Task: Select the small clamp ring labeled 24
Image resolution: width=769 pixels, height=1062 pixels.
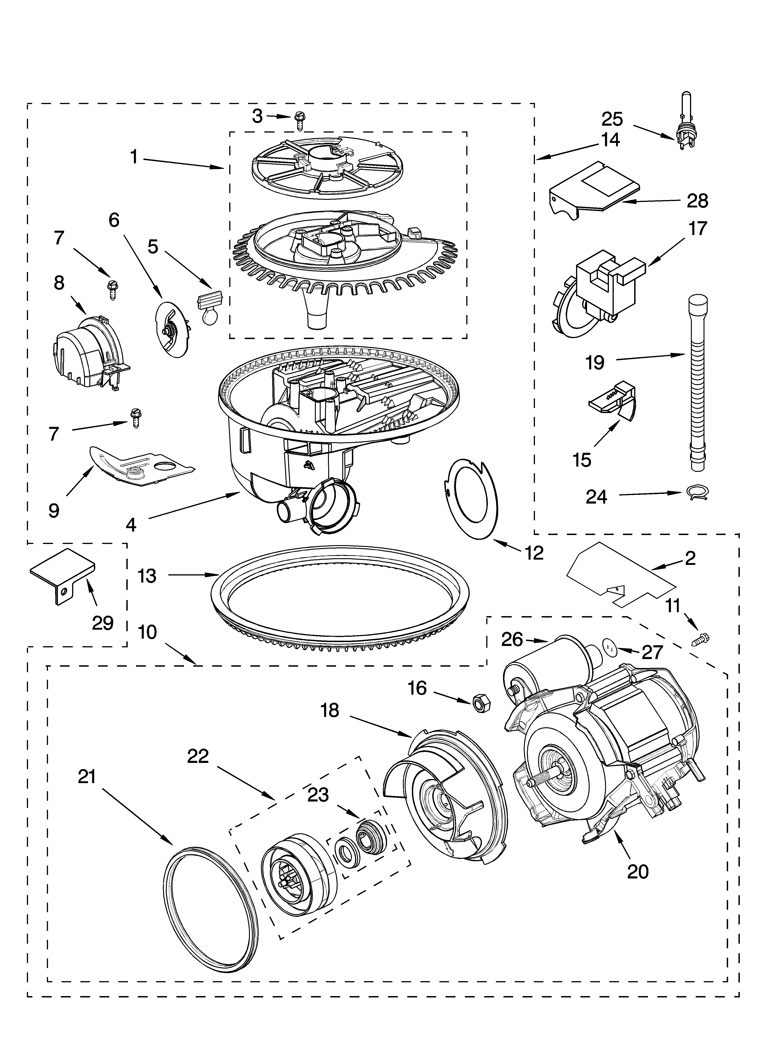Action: point(696,492)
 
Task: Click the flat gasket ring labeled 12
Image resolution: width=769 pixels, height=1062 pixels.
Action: point(472,499)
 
